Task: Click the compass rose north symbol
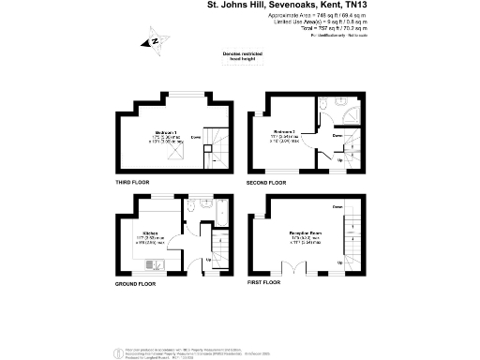coord(151,41)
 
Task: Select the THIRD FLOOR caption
coord(135,181)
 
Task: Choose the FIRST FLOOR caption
coord(265,282)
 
